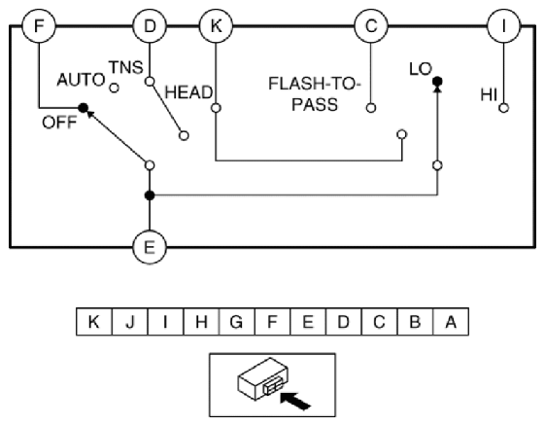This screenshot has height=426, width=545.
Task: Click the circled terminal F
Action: click(39, 26)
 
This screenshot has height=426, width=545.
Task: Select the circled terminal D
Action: click(150, 26)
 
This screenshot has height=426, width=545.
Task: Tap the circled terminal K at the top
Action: click(216, 26)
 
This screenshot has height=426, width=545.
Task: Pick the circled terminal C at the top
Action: click(371, 26)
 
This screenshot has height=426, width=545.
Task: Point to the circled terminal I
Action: click(503, 26)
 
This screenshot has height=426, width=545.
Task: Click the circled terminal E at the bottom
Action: click(150, 247)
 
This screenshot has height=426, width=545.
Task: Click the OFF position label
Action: click(59, 123)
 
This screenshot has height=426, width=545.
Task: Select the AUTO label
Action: click(81, 80)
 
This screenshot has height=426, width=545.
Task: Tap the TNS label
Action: click(126, 67)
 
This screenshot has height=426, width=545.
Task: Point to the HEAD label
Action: click(188, 92)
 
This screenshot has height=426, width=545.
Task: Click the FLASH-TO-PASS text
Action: click(315, 94)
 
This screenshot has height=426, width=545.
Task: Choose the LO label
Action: click(421, 69)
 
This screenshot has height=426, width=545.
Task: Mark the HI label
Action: click(489, 94)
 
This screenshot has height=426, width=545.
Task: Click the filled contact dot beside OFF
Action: click(84, 108)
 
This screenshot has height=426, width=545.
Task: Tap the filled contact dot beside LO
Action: click(437, 82)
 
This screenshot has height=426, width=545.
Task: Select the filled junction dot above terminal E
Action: click(150, 195)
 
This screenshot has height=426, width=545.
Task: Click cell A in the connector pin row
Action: click(451, 322)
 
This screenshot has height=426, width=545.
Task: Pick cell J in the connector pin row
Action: click(130, 322)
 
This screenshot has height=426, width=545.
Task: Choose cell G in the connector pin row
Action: click(237, 322)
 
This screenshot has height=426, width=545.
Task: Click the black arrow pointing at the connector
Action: click(294, 401)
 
